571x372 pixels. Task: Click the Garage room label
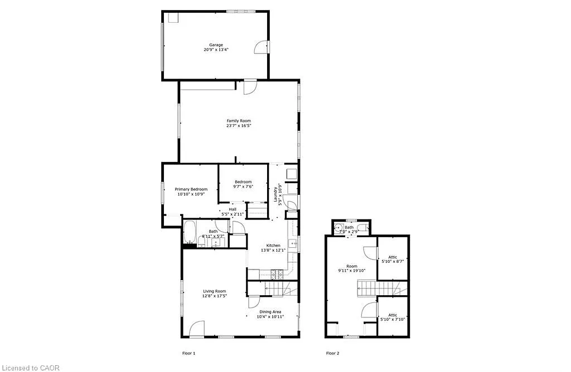[216, 45]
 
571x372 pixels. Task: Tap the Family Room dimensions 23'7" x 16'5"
[238, 126]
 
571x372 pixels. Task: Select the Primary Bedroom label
[191, 189]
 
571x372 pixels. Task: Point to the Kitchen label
[273, 246]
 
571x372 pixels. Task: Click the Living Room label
[214, 291]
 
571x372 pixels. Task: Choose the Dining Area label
[270, 312]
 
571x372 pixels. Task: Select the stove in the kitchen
[277, 273]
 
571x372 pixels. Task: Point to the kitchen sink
[292, 243]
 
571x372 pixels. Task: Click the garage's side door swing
[261, 47]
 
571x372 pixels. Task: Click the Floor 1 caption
[189, 353]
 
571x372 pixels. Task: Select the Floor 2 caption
[332, 353]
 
